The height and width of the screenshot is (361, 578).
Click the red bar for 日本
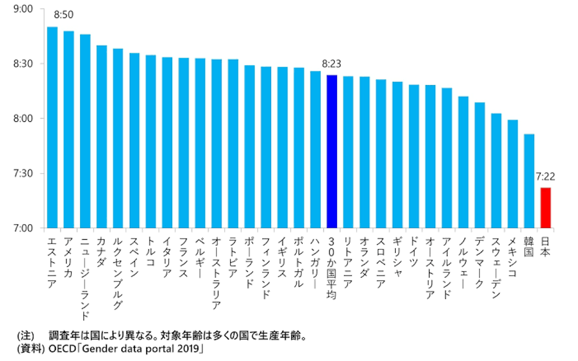click(x=546, y=208)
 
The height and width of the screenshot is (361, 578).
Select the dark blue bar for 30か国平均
click(x=332, y=151)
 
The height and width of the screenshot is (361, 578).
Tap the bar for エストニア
click(x=52, y=127)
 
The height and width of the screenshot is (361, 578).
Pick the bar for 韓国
click(x=529, y=181)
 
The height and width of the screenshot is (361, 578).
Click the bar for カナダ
click(x=102, y=137)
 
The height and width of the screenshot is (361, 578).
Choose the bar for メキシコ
click(x=513, y=174)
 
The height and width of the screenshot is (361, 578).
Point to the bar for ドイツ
click(x=414, y=156)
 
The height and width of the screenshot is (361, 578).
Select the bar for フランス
click(x=183, y=143)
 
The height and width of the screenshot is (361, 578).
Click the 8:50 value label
click(x=63, y=15)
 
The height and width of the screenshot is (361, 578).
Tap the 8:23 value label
click(x=331, y=64)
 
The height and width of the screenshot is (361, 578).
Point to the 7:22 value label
click(x=545, y=177)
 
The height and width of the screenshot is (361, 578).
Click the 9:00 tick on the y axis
click(x=23, y=9)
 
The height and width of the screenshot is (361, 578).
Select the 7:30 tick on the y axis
click(x=23, y=173)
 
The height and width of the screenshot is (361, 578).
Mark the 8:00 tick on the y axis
click(x=23, y=118)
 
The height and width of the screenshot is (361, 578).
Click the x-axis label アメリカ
click(x=68, y=257)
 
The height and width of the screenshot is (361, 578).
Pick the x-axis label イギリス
click(x=282, y=257)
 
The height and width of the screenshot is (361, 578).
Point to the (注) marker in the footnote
click(x=25, y=336)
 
